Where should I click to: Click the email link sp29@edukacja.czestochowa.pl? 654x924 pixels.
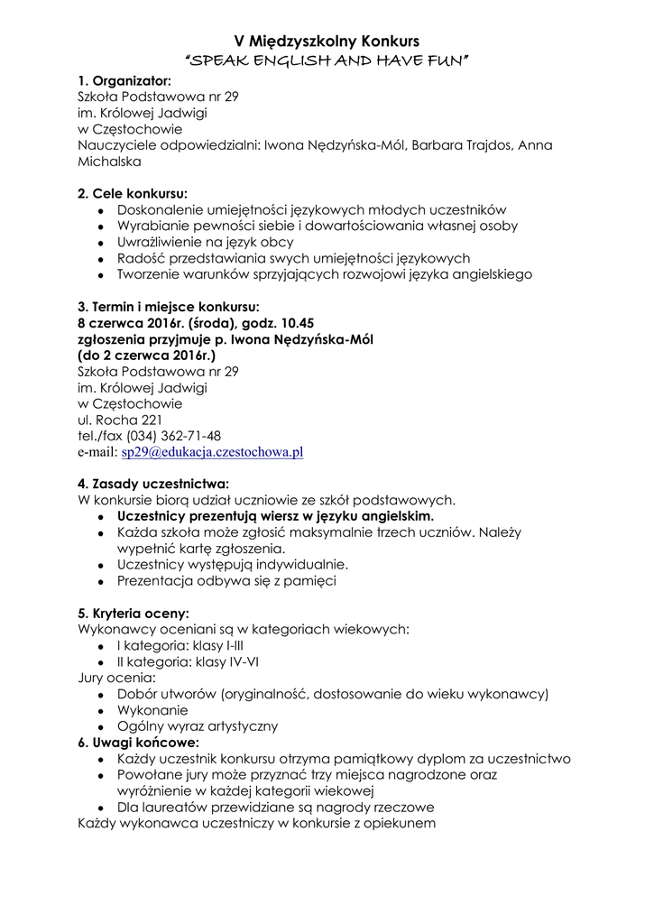pyautogui.click(x=212, y=452)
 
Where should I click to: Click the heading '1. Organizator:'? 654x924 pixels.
pyautogui.click(x=124, y=80)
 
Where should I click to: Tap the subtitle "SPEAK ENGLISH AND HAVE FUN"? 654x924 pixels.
pyautogui.click(x=327, y=60)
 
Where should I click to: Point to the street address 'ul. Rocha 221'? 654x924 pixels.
pyautogui.click(x=120, y=420)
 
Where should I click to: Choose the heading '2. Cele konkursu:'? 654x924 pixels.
pyautogui.click(x=133, y=193)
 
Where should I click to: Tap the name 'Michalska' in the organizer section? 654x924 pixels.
pyautogui.click(x=109, y=162)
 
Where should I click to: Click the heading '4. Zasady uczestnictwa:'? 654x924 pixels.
pyautogui.click(x=153, y=483)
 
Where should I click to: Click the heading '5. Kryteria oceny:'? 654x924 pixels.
pyautogui.click(x=134, y=613)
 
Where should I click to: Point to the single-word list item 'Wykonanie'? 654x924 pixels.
pyautogui.click(x=152, y=710)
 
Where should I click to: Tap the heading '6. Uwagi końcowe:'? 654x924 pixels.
pyautogui.click(x=137, y=743)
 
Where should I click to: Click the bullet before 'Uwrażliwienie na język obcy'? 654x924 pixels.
pyautogui.click(x=102, y=243)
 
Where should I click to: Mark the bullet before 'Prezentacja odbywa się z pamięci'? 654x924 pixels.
pyautogui.click(x=102, y=582)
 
